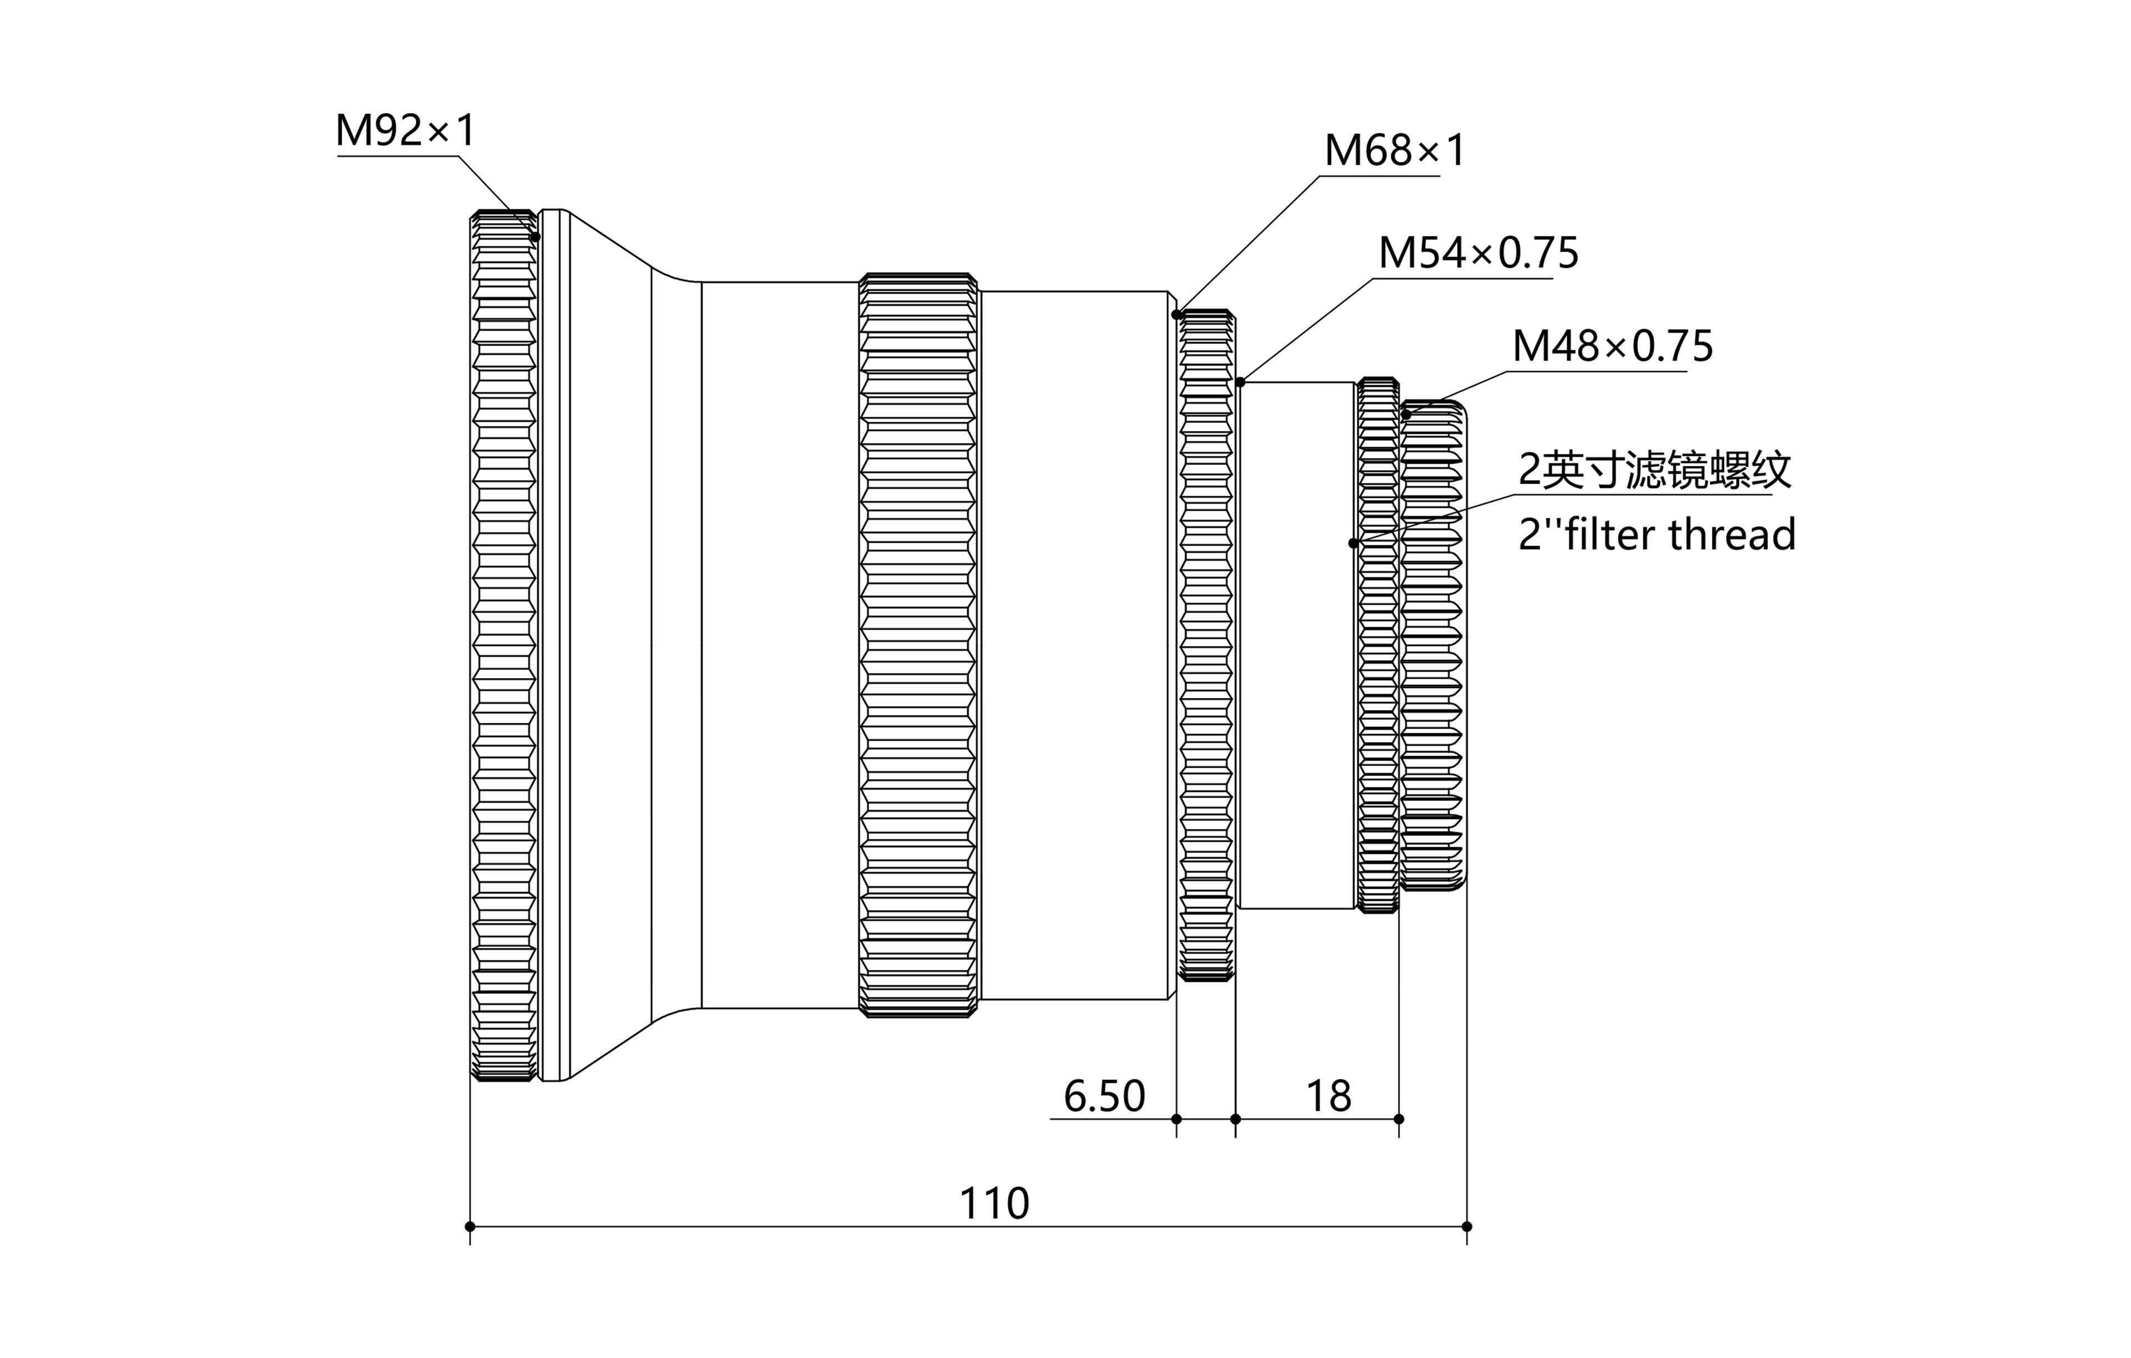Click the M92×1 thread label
405,131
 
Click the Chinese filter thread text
1654,470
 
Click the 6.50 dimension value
1104,1097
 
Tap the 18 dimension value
1329,1097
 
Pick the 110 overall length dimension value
994,1204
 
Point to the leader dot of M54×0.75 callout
1241,382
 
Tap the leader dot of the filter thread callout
1353,543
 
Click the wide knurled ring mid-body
918,645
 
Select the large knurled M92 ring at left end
503,645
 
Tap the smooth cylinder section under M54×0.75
1296,645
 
